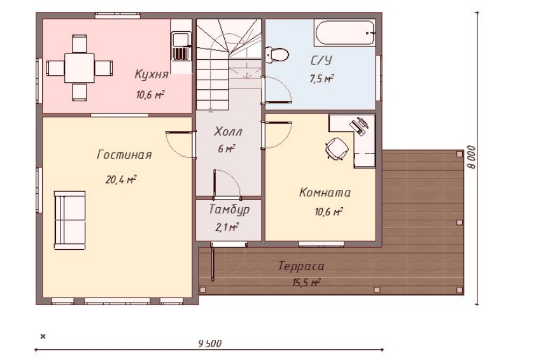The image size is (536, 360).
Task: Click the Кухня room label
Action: tap(152, 75)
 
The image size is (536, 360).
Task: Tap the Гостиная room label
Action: tap(124, 155)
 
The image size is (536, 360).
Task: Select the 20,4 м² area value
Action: tap(121, 179)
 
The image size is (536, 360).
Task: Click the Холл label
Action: tap(228, 131)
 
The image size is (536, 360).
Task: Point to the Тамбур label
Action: tap(229, 210)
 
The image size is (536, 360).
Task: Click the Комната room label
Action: tap(325, 192)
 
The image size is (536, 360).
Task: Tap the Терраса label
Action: tap(301, 266)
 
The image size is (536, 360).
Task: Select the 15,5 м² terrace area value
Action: tap(306, 283)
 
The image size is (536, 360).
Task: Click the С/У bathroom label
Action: tap(321, 61)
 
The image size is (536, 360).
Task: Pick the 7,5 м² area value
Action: tap(321, 79)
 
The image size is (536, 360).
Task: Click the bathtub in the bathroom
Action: tap(345, 32)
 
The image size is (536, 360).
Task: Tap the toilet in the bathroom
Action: tap(277, 55)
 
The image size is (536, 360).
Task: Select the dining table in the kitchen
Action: tap(80, 68)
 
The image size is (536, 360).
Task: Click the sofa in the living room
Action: tap(70, 220)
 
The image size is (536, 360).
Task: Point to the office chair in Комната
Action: tap(337, 148)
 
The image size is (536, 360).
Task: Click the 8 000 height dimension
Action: tap(472, 157)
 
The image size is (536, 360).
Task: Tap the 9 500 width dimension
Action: tap(210, 343)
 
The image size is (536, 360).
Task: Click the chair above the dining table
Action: tap(80, 43)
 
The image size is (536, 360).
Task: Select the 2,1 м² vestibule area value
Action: tap(227, 227)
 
